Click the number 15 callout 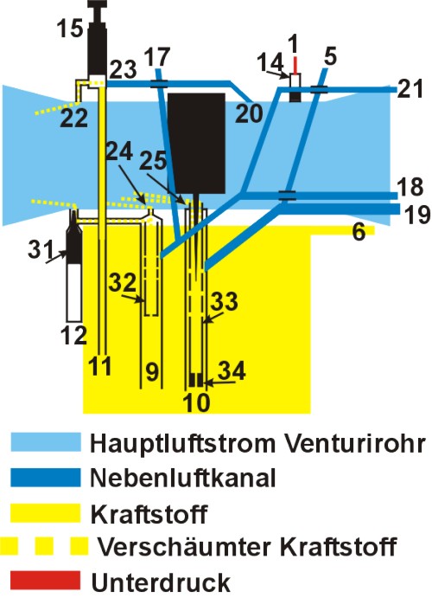coord(70,29)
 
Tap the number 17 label coord(156,57)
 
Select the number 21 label coord(410,88)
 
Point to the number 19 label coord(417,215)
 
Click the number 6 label coord(359,231)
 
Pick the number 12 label coord(73,336)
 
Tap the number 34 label coord(232,370)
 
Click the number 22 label coord(73,118)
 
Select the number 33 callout coord(224,301)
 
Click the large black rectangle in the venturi coord(196,143)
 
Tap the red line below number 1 coord(295,64)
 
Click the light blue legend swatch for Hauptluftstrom coord(46,442)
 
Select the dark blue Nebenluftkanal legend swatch coord(46,478)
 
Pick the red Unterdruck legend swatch coord(46,580)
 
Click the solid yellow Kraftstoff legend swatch coord(46,512)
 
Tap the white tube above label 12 coord(73,293)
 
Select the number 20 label coord(249,113)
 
